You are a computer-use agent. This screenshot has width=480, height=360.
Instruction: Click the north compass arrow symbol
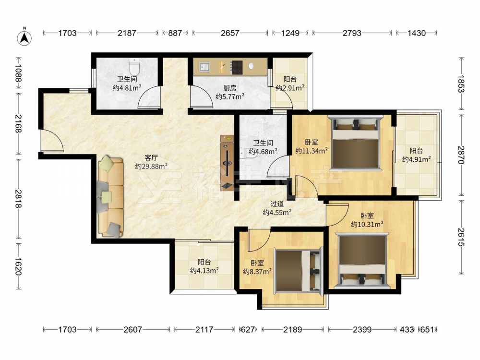coord(24,37)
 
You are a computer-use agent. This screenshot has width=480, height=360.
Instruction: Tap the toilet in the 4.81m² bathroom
coord(134,66)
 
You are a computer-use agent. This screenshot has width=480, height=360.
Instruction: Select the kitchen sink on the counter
coord(204,67)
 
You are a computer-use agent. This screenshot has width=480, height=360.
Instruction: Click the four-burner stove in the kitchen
coord(236,67)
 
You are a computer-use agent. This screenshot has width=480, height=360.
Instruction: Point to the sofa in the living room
coord(110,197)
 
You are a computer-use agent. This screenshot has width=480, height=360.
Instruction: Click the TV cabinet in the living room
coord(227,163)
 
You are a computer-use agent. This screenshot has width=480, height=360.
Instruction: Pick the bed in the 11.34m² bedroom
coord(356,143)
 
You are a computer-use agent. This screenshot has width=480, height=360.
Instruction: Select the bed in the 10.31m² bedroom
coord(362,261)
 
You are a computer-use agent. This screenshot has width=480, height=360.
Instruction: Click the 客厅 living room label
coord(151,157)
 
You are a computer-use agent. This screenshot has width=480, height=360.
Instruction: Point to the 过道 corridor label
coord(277,204)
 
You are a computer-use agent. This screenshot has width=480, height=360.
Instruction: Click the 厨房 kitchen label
coord(229,88)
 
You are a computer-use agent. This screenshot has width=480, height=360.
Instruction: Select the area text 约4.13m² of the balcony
coord(204,271)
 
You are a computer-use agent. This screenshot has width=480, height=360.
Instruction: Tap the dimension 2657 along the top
coord(230,33)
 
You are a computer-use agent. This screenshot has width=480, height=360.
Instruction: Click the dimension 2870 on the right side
coord(461,155)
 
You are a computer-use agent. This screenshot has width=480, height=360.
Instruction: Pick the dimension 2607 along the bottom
coord(133,329)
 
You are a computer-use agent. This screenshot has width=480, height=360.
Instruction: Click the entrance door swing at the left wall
coord(52,141)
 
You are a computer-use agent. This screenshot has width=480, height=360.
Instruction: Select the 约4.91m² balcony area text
coord(417,159)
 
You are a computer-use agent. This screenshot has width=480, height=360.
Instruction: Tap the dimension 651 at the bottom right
coord(427,329)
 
